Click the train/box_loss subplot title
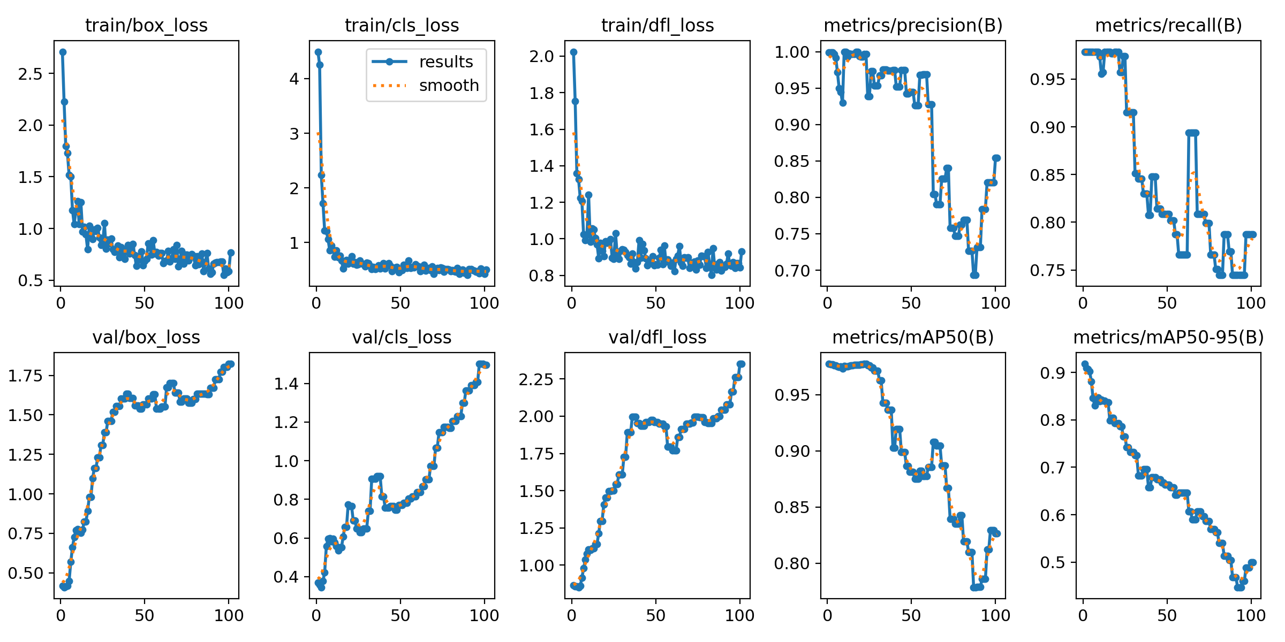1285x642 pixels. pos(146,25)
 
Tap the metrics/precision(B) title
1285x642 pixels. pos(913,25)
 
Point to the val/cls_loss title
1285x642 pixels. pos(402,337)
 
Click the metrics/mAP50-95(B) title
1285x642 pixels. pos(1168,337)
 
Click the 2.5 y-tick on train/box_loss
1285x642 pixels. pos(30,74)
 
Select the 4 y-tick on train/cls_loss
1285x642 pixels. pos(293,79)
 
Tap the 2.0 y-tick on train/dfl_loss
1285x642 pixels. pos(541,56)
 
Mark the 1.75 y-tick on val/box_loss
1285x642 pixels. pos(25,376)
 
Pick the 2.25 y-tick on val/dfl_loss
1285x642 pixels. pos(536,379)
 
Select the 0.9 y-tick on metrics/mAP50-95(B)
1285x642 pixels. pos(1052,373)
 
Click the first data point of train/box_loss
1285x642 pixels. pos(63,52)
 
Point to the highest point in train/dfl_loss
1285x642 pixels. pos(573,52)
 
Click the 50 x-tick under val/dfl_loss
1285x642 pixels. pos(655,615)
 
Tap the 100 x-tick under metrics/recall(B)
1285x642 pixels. pos(1251,303)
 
